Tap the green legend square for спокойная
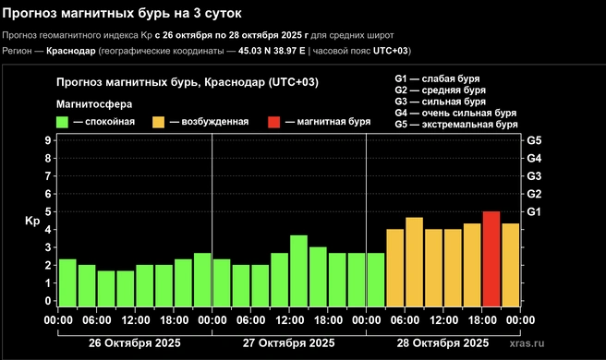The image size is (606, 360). click(63, 122)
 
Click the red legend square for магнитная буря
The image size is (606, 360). click(273, 122)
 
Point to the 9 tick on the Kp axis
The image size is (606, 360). click(47, 140)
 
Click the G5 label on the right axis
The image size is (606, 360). click(534, 140)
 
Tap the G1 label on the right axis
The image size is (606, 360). click(534, 211)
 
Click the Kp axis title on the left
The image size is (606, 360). click(32, 222)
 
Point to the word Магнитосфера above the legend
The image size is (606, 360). click(93, 103)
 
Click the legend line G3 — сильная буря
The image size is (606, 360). click(449, 102)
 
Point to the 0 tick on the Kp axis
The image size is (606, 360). click(47, 301)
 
